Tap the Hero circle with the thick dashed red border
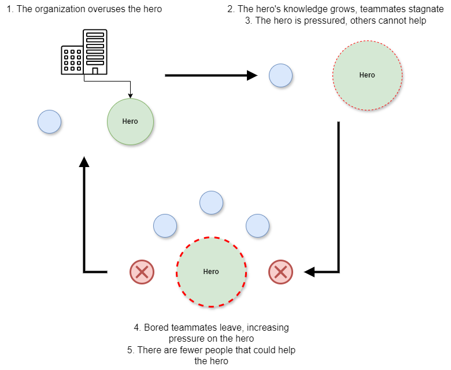211,286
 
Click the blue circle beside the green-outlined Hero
49,121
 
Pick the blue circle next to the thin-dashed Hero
280,75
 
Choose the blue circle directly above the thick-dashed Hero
211,202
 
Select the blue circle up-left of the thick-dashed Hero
165,225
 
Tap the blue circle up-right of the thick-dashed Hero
257,225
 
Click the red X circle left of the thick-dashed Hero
142,272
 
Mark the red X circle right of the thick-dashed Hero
280,272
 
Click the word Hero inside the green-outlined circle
130,121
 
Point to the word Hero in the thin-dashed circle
367,75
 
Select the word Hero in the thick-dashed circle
211,272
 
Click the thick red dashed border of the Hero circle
211,238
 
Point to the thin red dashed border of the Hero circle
367,41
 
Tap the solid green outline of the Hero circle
130,99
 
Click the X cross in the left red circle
142,272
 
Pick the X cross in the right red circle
280,272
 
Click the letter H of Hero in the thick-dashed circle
205,272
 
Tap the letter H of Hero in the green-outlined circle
124,121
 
